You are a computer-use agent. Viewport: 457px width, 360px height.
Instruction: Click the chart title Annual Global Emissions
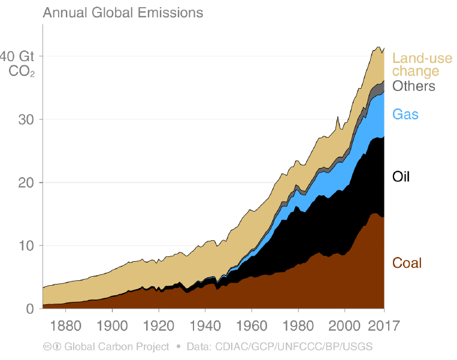click(x=123, y=13)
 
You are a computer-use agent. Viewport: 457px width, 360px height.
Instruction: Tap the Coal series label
click(x=407, y=263)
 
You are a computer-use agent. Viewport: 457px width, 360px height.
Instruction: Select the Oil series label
click(x=401, y=177)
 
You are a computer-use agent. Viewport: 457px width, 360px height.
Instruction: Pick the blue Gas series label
click(x=405, y=114)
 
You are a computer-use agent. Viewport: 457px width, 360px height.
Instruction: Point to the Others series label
click(x=413, y=86)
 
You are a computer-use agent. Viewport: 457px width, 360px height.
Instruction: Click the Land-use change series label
click(x=422, y=65)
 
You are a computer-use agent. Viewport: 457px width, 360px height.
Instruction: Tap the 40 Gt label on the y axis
click(x=17, y=56)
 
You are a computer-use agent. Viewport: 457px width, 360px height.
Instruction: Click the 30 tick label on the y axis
click(x=26, y=120)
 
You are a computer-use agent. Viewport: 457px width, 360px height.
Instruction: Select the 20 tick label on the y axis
click(x=26, y=183)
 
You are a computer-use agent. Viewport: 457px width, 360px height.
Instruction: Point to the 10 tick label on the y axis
click(x=26, y=246)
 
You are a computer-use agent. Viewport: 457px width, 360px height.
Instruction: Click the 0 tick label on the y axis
click(x=30, y=309)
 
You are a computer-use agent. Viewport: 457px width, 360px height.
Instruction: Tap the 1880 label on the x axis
click(x=65, y=326)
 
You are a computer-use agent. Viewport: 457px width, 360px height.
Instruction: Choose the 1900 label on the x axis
click(x=112, y=326)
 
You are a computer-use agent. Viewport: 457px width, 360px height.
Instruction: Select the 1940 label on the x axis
click(x=205, y=326)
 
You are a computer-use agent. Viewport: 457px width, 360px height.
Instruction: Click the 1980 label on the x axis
click(x=298, y=326)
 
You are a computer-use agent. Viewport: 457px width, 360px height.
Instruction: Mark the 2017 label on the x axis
click(x=384, y=326)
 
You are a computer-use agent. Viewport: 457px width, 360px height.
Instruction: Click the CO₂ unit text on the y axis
click(x=22, y=71)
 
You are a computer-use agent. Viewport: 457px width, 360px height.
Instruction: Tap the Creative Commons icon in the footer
click(x=47, y=347)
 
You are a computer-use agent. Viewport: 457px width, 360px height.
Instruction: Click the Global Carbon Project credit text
click(x=117, y=347)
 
